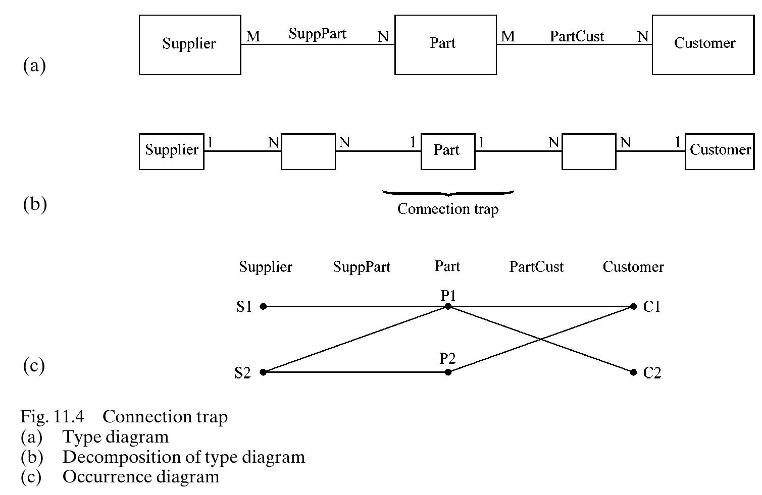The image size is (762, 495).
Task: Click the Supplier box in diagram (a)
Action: click(x=189, y=45)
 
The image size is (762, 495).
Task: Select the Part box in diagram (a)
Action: click(x=445, y=45)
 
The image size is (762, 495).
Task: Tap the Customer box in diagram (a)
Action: click(x=704, y=45)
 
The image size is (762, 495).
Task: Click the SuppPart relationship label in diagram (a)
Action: click(x=317, y=34)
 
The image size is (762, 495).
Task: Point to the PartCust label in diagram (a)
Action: click(x=577, y=36)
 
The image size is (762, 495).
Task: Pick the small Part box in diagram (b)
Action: click(x=447, y=151)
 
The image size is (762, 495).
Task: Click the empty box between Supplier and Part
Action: click(x=308, y=151)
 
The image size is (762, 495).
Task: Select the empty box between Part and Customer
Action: click(x=588, y=151)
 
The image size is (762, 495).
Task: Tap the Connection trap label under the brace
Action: click(x=447, y=209)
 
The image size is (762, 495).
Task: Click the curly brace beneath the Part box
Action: click(x=447, y=193)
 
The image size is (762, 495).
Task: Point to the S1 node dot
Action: click(x=263, y=306)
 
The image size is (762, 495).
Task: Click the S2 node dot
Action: click(x=263, y=372)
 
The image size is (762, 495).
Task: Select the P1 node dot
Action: click(x=447, y=306)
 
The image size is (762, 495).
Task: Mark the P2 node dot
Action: click(x=447, y=372)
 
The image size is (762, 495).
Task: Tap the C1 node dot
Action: click(x=633, y=306)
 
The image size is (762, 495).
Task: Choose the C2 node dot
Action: click(x=633, y=372)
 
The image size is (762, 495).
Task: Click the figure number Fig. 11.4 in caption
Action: click(x=52, y=417)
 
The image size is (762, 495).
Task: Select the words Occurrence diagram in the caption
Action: click(x=141, y=477)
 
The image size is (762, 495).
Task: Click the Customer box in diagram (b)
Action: click(x=720, y=151)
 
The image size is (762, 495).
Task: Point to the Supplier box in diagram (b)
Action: click(x=172, y=151)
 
